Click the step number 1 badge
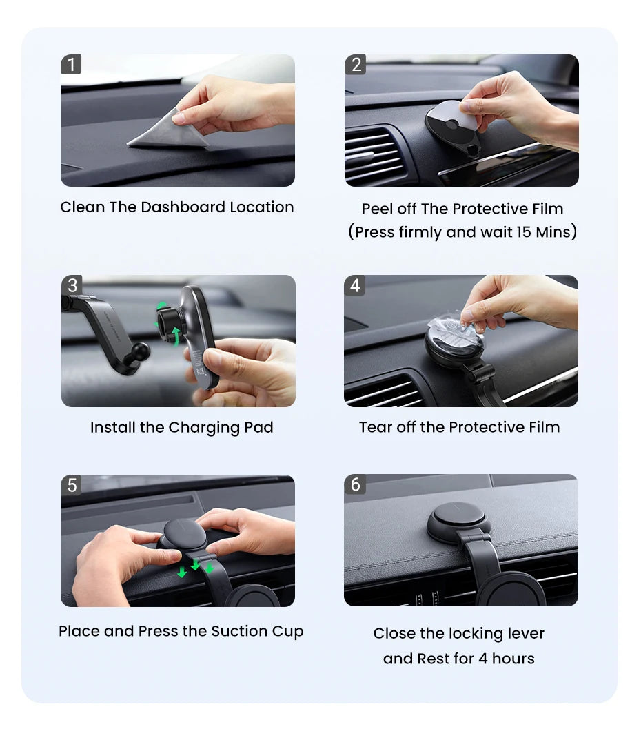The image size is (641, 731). click(71, 64)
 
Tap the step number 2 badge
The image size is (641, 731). click(355, 64)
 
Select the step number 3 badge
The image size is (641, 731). click(72, 285)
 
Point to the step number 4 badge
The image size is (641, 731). click(355, 285)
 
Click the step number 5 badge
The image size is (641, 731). click(72, 485)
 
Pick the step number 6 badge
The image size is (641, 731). click(355, 484)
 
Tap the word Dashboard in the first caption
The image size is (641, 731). click(183, 207)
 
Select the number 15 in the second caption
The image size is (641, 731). click(523, 231)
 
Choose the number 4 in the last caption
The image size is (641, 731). click(483, 659)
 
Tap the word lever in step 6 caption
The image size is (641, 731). click(525, 634)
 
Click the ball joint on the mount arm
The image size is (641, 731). click(140, 351)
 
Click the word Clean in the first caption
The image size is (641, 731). click(82, 207)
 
